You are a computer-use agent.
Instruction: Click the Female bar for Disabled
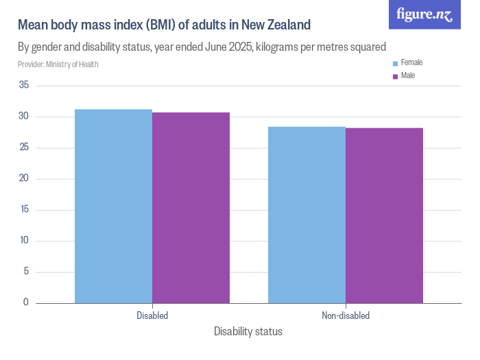point(113,206)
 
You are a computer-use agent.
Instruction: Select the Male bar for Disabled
point(191,207)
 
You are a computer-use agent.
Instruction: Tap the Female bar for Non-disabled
point(307,215)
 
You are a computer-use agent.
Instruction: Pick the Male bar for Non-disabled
point(384,215)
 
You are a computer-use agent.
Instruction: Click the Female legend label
point(411,62)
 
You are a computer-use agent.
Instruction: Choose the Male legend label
point(408,75)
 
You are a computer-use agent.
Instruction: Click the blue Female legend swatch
point(395,63)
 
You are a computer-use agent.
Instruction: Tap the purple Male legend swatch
point(395,76)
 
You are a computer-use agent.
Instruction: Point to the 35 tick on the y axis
point(24,86)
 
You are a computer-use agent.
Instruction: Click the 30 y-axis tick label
point(24,117)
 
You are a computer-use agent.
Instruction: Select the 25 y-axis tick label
point(24,147)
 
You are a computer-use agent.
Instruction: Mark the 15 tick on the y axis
point(24,209)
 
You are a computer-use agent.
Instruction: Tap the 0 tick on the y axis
point(26,302)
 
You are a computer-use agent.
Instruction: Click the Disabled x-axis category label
point(152,316)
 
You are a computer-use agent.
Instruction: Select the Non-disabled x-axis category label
point(346,316)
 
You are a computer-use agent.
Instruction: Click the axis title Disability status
point(248,332)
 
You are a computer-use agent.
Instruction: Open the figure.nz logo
point(424,14)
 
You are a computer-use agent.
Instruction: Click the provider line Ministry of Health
point(58,64)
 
